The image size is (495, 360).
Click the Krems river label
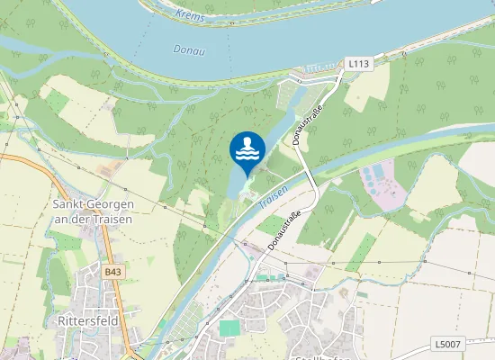[190, 16]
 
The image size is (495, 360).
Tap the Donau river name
[190, 51]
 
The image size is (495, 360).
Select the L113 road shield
[359, 64]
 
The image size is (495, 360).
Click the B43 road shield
[111, 272]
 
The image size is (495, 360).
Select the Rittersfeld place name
[88, 320]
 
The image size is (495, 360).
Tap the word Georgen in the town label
[109, 204]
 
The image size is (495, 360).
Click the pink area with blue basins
[382, 184]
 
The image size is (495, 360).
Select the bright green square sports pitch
[230, 329]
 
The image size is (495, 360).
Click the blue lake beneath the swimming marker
[236, 184]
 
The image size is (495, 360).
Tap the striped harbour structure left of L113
[319, 67]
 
